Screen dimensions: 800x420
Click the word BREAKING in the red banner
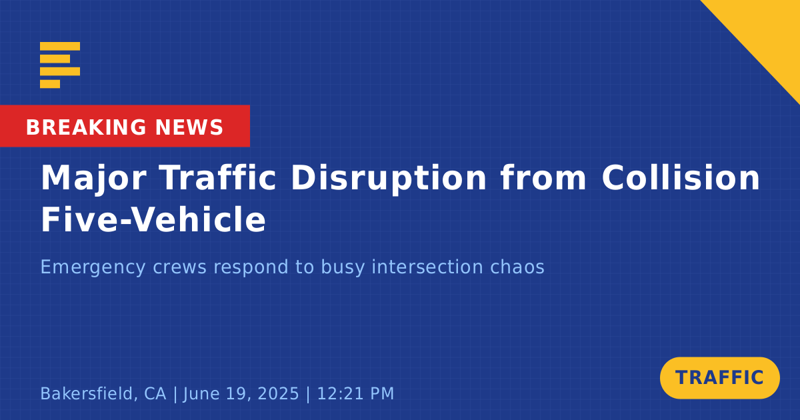pyautogui.click(x=86, y=127)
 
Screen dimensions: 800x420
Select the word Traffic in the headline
pyautogui.click(x=218, y=177)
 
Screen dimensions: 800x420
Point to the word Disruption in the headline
pyautogui.click(x=389, y=179)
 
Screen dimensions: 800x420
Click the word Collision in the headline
pyautogui.click(x=681, y=177)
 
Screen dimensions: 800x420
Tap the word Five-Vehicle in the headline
pyautogui.click(x=153, y=219)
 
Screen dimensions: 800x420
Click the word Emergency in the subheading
pyautogui.click(x=93, y=268)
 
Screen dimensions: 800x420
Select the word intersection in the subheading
pyautogui.click(x=427, y=267)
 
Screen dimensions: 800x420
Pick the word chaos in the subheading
pyautogui.click(x=517, y=267)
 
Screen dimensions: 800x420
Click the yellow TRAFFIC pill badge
pyautogui.click(x=719, y=378)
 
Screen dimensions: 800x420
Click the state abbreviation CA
pyautogui.click(x=155, y=393)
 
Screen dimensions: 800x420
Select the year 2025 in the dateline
pyautogui.click(x=278, y=393)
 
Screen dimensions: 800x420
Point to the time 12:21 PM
pyautogui.click(x=355, y=393)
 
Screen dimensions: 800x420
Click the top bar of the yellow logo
pyautogui.click(x=60, y=46)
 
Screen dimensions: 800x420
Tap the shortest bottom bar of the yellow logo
pyautogui.click(x=50, y=84)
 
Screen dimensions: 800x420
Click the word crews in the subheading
pyautogui.click(x=179, y=267)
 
